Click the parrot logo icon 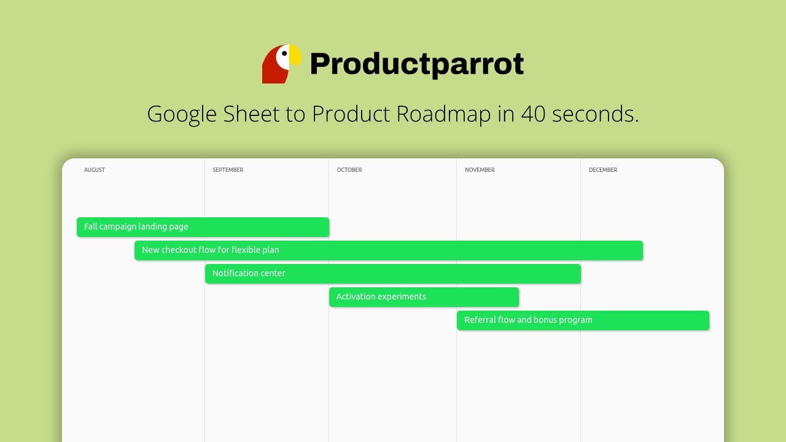[282, 64]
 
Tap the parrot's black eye [284, 54]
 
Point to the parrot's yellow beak [296, 56]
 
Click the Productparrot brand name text [416, 64]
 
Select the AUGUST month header [95, 170]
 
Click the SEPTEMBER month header [228, 170]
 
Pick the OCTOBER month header [349, 170]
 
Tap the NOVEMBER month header [480, 170]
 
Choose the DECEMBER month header [603, 170]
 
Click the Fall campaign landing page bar [203, 227]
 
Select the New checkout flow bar [388, 250]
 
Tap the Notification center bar [393, 273]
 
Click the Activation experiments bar [424, 297]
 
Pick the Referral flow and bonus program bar [583, 320]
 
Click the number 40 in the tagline [533, 114]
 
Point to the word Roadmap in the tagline [443, 114]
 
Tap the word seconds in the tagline [595, 114]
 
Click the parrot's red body [271, 71]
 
